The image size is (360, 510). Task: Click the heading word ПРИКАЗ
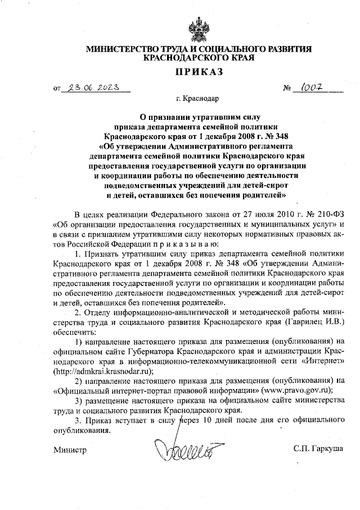click(x=197, y=71)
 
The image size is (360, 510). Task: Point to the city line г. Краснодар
click(x=197, y=99)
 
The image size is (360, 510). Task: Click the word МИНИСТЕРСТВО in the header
click(x=120, y=50)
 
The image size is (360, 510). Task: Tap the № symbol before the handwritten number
click(x=287, y=88)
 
